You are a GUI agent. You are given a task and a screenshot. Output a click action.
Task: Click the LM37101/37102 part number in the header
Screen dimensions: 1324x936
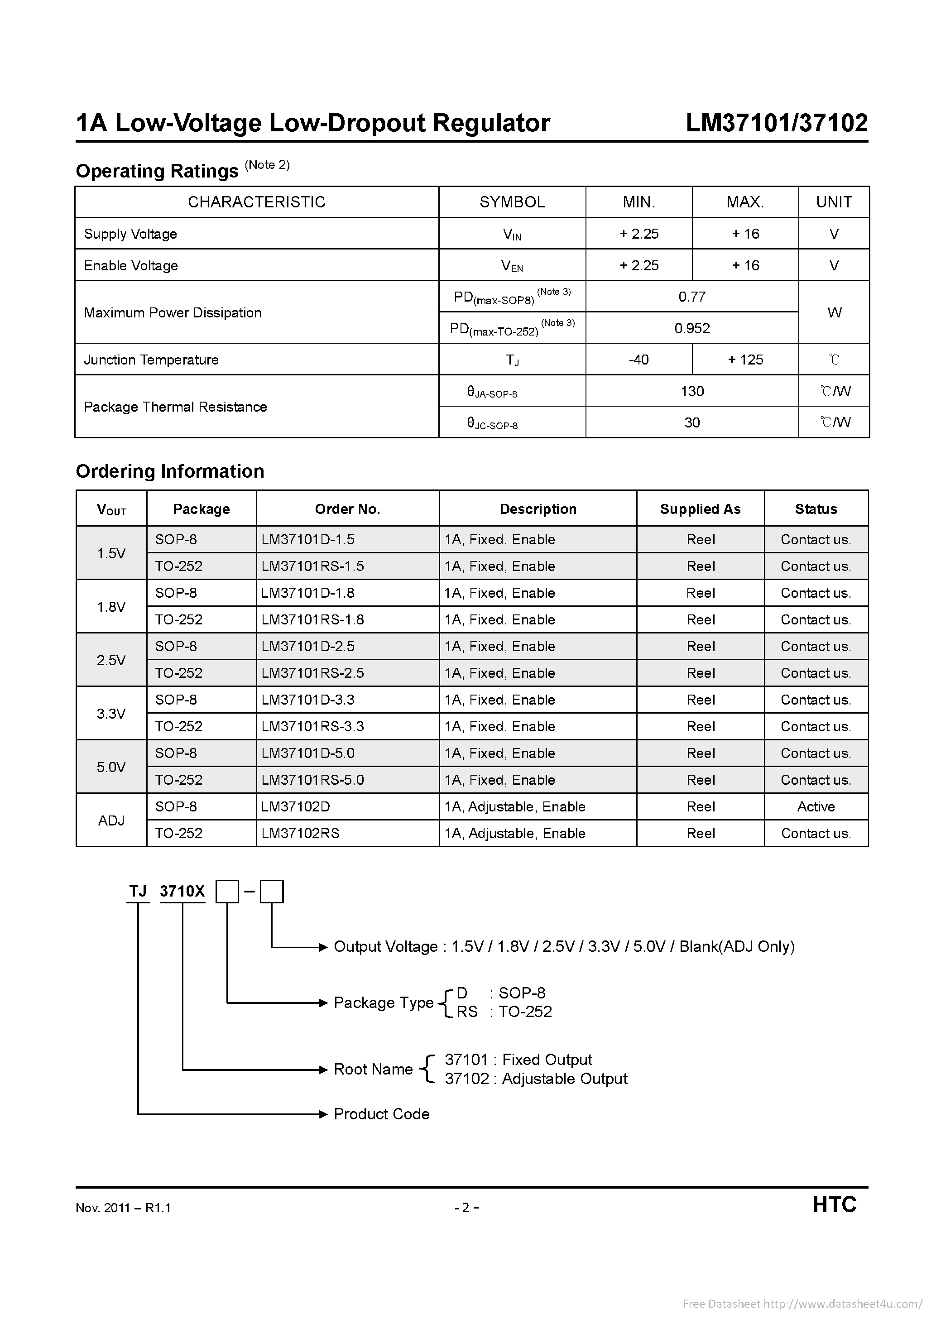(776, 123)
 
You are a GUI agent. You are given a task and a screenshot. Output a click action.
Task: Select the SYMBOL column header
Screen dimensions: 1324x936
(512, 202)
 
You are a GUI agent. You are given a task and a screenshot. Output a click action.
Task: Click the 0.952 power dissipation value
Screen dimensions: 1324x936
(691, 328)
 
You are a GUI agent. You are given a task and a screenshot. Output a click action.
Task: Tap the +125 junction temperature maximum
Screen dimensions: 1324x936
(745, 360)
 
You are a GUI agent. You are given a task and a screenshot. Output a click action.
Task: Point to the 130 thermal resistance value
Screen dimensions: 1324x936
(691, 392)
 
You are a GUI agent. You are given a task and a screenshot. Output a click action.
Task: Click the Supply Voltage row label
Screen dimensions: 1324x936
(130, 234)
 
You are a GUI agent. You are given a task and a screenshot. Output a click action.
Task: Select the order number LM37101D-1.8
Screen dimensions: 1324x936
(307, 593)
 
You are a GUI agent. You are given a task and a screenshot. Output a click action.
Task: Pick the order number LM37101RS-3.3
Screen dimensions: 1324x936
(312, 727)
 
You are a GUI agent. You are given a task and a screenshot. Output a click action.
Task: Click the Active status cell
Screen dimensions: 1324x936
(816, 807)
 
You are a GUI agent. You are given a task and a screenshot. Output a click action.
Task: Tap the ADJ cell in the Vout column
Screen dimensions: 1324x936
(111, 820)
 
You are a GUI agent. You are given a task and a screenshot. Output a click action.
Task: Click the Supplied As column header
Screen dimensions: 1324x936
(700, 509)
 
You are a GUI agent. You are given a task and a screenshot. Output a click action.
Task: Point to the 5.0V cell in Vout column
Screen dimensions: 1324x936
(111, 767)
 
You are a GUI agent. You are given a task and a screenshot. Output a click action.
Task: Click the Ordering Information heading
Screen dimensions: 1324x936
(170, 471)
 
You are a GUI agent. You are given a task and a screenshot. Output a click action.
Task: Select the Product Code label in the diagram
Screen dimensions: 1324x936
(381, 1113)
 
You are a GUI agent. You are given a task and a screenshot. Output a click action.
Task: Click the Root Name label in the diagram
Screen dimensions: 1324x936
(373, 1069)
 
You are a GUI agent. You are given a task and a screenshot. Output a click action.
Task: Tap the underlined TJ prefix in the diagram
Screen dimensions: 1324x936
(138, 892)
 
